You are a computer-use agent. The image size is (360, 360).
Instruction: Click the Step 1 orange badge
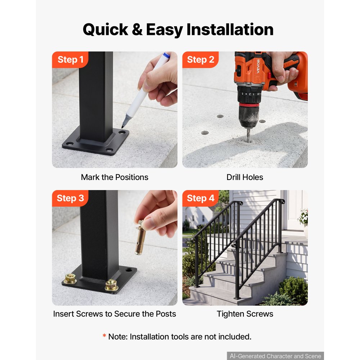coord(70,60)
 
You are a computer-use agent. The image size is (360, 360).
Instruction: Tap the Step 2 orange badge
coord(201,60)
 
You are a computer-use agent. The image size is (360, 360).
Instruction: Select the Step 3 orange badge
coord(70,198)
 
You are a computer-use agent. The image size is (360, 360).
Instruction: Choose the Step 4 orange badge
coord(201,198)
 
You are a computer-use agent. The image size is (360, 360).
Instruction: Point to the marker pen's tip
coord(122,127)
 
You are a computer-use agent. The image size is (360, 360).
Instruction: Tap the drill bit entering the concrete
coord(248,135)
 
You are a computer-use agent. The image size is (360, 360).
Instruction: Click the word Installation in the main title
coord(230,30)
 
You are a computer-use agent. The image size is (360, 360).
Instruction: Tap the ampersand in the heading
coord(137,30)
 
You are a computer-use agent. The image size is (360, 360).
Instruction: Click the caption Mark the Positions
coord(114,177)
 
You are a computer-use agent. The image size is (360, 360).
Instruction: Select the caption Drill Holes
coord(245,177)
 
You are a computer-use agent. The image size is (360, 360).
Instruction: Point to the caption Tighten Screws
coord(245,314)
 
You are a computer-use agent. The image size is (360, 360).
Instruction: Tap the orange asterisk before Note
coord(104,336)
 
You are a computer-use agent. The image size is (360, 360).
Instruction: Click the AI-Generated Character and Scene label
coord(275,356)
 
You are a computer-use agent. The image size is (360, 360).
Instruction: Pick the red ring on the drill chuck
coord(249,105)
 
